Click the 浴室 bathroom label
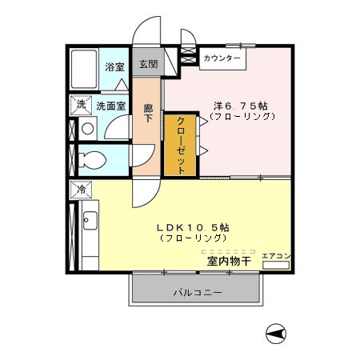coord(114,67)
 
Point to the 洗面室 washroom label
coord(111,105)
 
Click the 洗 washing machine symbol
coord(81,105)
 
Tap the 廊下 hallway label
coord(148,113)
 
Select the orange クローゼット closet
coord(181,145)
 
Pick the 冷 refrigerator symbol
coord(81,190)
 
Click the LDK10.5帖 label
coord(192,226)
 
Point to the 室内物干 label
coord(230,261)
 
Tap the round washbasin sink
coord(86,128)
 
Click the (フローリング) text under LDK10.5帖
coord(192,238)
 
